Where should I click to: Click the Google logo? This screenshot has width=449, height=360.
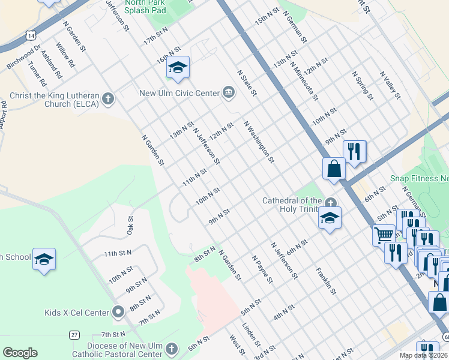coord(20,353)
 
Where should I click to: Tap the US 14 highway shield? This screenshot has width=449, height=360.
coord(31,36)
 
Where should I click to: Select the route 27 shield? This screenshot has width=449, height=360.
coord(74,334)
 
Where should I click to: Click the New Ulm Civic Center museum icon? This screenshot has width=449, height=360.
coord(228,92)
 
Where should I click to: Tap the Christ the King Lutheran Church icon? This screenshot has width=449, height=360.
coord(108,98)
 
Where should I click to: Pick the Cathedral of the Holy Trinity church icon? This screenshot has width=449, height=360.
coord(331,201)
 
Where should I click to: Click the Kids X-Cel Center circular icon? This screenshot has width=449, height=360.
coord(118,312)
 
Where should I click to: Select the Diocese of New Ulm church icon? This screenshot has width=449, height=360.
coord(172,349)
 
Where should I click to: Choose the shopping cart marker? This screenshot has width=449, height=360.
coord(384,235)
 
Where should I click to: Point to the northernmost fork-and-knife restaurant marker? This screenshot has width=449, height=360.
coord(354,151)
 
